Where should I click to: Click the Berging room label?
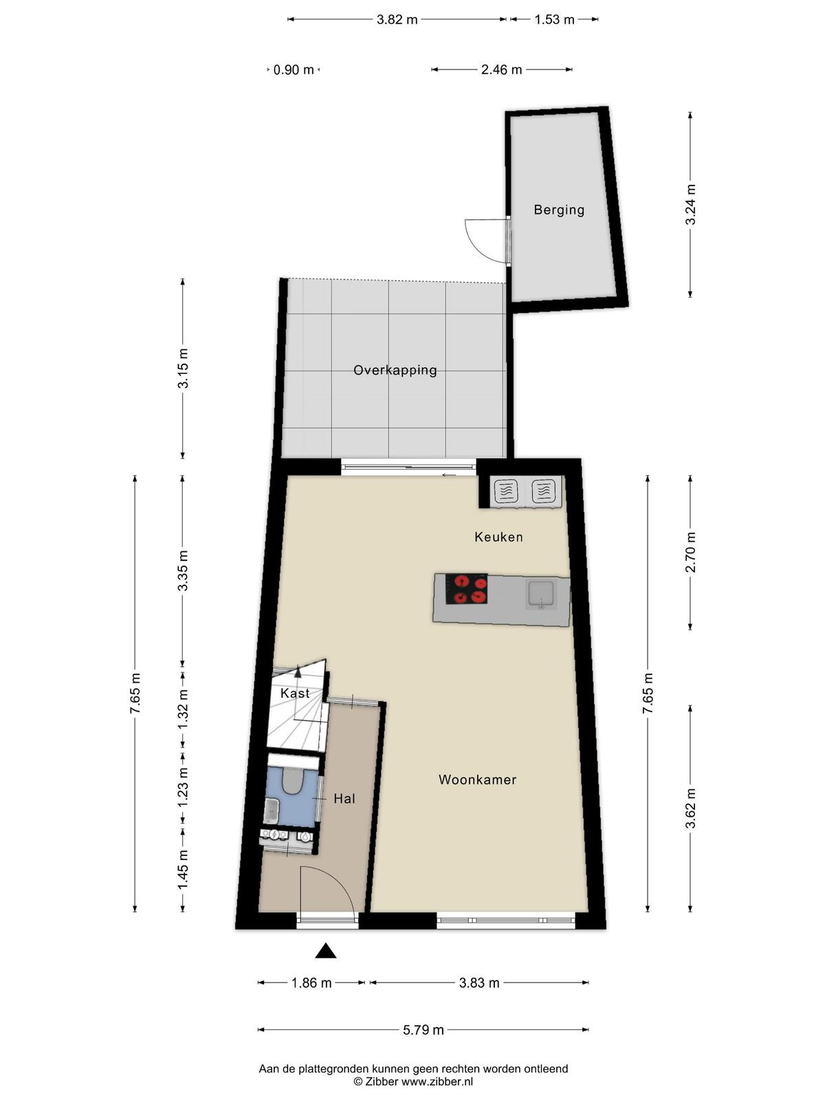[559, 210]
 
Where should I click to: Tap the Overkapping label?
[395, 371]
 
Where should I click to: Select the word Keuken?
[498, 537]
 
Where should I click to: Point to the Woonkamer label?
[477, 779]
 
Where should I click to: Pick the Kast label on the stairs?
[294, 693]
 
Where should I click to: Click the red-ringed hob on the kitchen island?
[466, 588]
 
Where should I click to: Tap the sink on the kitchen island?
[540, 595]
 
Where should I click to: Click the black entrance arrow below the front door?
[326, 951]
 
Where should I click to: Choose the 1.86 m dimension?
[311, 982]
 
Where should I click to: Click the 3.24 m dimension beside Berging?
[690, 204]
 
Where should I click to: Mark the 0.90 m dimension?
[294, 69]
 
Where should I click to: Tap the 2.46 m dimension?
[501, 69]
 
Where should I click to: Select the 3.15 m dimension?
[182, 368]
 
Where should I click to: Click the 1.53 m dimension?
[554, 19]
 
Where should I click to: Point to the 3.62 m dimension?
[690, 808]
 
